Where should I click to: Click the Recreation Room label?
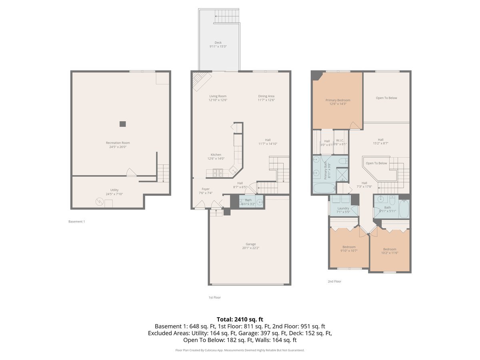tap(118, 143)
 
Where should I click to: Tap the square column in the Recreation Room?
tap(122, 124)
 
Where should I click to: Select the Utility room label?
tap(114, 190)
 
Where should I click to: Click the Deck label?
tap(218, 42)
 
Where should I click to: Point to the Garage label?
tap(250, 244)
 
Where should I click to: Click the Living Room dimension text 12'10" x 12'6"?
tap(218, 100)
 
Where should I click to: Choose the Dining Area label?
tap(266, 96)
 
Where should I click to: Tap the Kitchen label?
tap(216, 155)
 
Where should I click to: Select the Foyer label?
tap(205, 189)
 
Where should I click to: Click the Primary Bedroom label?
tap(338, 100)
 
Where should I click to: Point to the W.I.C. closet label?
tap(340, 140)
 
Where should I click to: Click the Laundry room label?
tap(343, 208)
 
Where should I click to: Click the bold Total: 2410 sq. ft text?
tap(240, 319)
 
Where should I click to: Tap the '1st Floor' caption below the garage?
tap(214, 297)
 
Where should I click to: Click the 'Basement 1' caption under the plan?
tap(76, 221)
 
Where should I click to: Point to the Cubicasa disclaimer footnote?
tap(240, 350)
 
